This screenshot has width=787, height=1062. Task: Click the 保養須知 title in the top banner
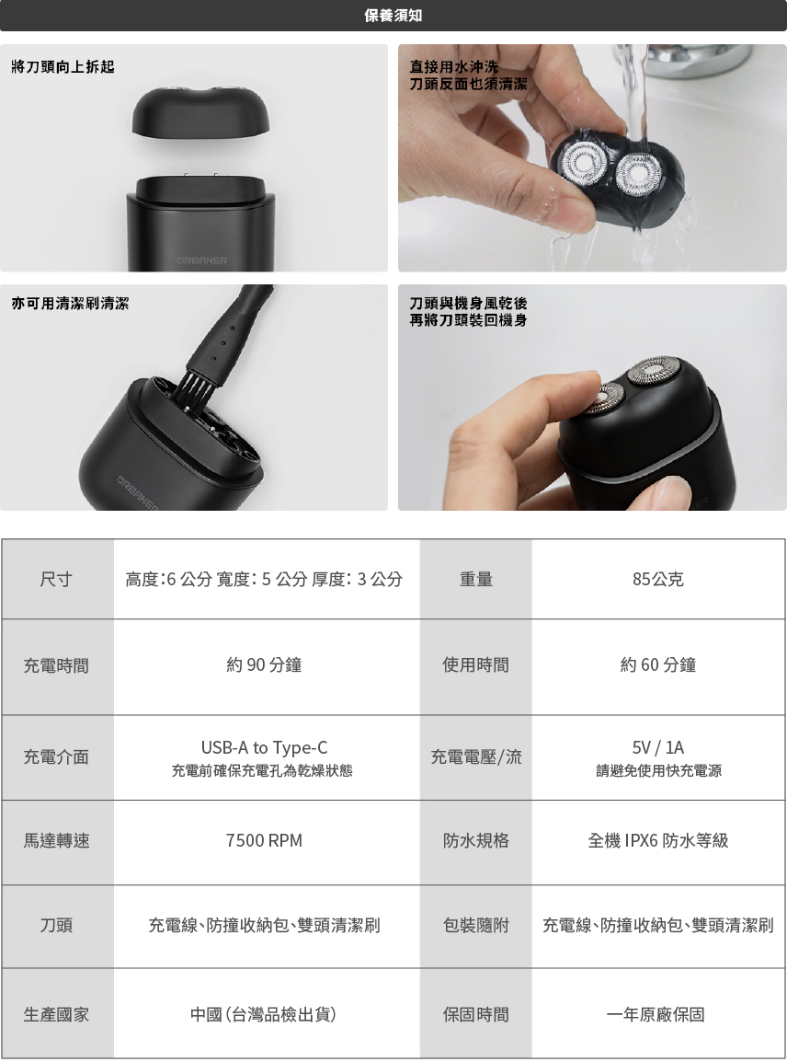pyautogui.click(x=393, y=15)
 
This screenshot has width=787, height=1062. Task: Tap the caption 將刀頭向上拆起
pyautogui.click(x=63, y=66)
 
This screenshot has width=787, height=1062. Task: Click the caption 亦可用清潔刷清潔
pyautogui.click(x=71, y=303)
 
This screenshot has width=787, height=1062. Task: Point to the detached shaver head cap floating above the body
pyautogui.click(x=202, y=111)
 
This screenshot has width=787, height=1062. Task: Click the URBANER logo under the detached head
pyautogui.click(x=202, y=260)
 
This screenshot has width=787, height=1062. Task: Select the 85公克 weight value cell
pyautogui.click(x=657, y=579)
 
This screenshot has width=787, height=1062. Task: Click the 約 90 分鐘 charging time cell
pyautogui.click(x=264, y=665)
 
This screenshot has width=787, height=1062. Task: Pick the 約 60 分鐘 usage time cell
pyautogui.click(x=657, y=665)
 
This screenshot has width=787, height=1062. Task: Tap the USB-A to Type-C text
pyautogui.click(x=264, y=748)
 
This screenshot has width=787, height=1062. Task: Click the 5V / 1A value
pyautogui.click(x=657, y=748)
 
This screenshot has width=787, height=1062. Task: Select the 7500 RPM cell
pyautogui.click(x=264, y=840)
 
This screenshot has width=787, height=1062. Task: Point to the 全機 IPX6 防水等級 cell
pyautogui.click(x=657, y=840)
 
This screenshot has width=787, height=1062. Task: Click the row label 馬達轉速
pyautogui.click(x=56, y=840)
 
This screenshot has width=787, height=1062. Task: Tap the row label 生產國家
pyautogui.click(x=56, y=1014)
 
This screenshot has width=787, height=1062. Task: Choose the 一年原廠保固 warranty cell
pyautogui.click(x=656, y=1014)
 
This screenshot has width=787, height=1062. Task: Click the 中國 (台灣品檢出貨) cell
pyautogui.click(x=263, y=1014)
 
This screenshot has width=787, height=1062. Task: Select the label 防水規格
pyautogui.click(x=475, y=840)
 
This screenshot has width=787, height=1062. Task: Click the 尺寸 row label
pyautogui.click(x=56, y=579)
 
